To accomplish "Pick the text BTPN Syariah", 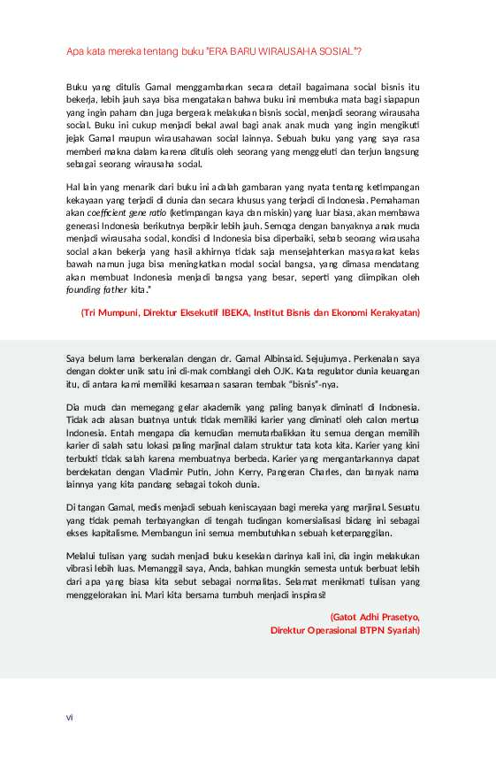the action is [x=390, y=630].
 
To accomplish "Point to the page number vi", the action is [x=69, y=716].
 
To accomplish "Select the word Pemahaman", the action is [x=396, y=201].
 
